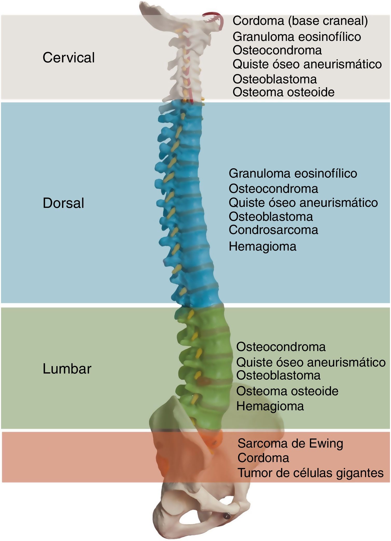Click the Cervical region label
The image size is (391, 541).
coord(68,57)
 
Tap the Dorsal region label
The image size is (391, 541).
coord(63,203)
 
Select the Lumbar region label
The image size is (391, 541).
coord(67,369)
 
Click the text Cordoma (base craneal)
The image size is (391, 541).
coord(300,21)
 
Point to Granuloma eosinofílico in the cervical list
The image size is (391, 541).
coord(297,37)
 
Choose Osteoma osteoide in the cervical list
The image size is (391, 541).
coord(283,92)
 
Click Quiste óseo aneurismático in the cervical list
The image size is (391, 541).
coord(307,64)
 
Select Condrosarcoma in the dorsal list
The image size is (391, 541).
coord(273,230)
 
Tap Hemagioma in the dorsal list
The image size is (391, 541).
coord(262,246)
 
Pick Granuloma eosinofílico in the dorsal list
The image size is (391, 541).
coord(293,173)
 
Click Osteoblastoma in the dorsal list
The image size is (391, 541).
coord(271,216)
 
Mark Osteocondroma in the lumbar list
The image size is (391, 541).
coord(281,347)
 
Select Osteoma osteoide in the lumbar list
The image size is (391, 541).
coord(287,391)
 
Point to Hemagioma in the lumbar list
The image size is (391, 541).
coord(270,406)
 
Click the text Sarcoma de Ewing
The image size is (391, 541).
coord(290,443)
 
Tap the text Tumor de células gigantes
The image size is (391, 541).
coord(311,473)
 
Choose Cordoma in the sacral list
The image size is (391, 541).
coord(263,458)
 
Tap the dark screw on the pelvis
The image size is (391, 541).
coord(227,516)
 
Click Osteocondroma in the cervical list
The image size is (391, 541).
coord(277,50)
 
